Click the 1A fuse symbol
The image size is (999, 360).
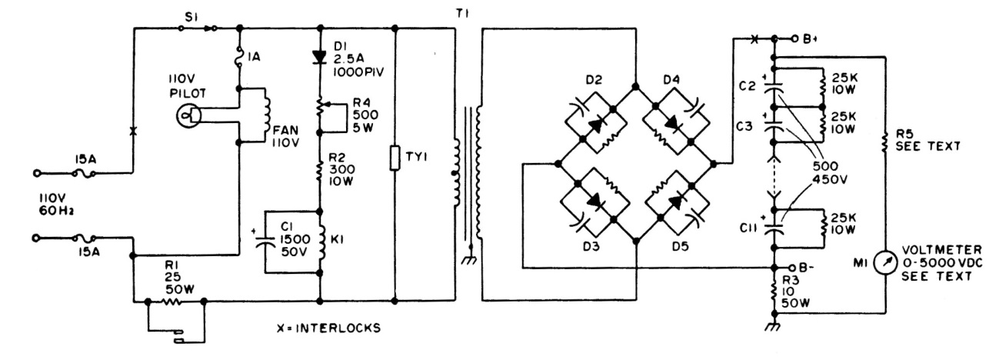click(x=239, y=55)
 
